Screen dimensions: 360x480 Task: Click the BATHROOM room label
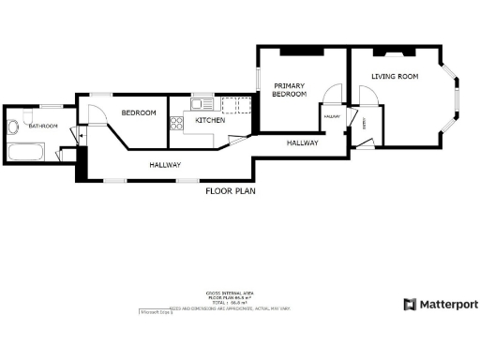pyautogui.click(x=43, y=126)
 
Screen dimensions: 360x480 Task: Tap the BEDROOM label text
pyautogui.click(x=139, y=113)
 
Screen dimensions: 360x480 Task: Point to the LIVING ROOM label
pyautogui.click(x=395, y=77)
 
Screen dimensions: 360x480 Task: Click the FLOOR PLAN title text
pyautogui.click(x=230, y=191)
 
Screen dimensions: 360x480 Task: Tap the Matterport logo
pyautogui.click(x=440, y=304)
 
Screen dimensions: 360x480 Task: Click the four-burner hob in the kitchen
pyautogui.click(x=175, y=123)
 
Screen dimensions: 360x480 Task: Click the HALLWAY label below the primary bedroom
pyautogui.click(x=302, y=143)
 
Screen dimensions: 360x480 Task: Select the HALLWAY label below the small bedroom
pyautogui.click(x=165, y=165)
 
